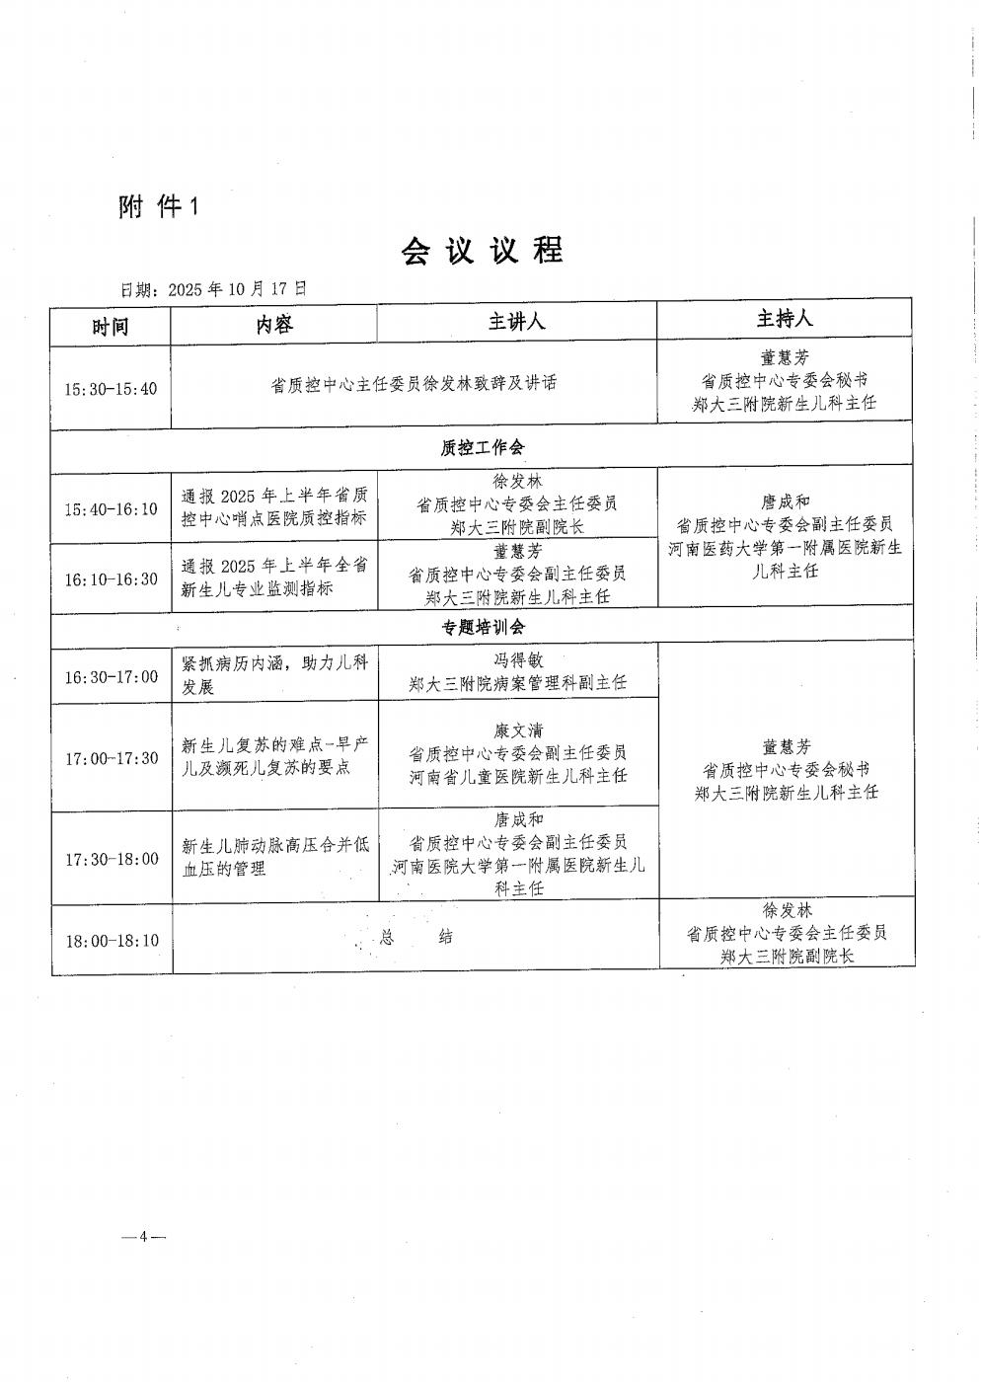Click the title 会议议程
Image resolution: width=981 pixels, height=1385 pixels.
(x=482, y=251)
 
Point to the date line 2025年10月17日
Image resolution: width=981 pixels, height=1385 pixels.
(x=213, y=289)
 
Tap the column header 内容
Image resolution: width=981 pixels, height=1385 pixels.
(x=273, y=324)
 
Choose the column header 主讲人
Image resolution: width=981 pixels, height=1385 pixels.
(x=516, y=322)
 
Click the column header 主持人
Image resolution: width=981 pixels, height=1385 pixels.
(x=784, y=319)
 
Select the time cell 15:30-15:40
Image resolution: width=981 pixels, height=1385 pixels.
(x=111, y=388)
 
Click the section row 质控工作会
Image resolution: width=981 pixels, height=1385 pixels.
(x=482, y=447)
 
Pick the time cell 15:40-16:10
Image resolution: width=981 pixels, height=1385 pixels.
(x=111, y=509)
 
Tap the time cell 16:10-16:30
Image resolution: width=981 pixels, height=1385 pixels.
(x=111, y=578)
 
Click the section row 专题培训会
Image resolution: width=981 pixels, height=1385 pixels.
(x=482, y=627)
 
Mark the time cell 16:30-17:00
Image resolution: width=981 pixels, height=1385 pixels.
(x=111, y=676)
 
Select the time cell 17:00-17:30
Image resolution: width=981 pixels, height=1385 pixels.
(x=111, y=758)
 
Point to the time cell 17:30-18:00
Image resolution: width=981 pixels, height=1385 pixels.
(x=111, y=859)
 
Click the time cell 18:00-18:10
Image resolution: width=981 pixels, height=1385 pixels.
(x=111, y=940)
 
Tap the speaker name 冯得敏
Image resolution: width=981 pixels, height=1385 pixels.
(x=518, y=660)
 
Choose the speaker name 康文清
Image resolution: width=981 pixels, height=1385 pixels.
(x=518, y=731)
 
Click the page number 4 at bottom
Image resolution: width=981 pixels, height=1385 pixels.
(x=143, y=1237)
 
